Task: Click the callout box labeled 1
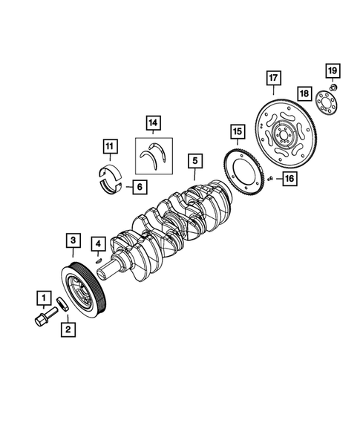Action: click(44, 300)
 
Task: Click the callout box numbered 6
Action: click(139, 186)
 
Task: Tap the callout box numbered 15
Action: click(236, 133)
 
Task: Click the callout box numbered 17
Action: click(273, 78)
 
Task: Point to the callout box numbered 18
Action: click(304, 93)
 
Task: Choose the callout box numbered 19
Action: click(332, 71)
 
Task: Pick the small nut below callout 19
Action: click(333, 88)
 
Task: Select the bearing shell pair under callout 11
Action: click(111, 178)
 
